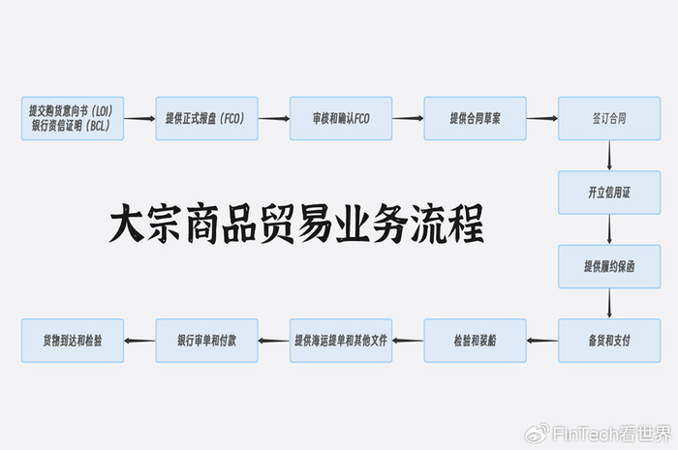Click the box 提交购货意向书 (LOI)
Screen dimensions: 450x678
point(73,118)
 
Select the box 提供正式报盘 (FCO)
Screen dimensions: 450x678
point(206,118)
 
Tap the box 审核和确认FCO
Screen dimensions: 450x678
point(340,118)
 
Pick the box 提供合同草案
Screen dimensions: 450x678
point(475,118)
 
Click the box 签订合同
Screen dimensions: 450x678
point(608,118)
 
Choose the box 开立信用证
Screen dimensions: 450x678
point(608,193)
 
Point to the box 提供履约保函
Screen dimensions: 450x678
point(608,266)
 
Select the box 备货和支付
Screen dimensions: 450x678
point(608,340)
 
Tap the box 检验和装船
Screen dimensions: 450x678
point(475,340)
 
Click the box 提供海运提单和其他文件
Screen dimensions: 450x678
point(340,340)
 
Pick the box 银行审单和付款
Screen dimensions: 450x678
point(206,340)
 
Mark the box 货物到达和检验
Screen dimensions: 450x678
point(73,340)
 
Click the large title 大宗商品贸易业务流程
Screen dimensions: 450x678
point(295,225)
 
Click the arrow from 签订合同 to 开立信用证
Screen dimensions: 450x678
point(608,155)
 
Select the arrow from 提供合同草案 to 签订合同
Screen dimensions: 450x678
point(541,118)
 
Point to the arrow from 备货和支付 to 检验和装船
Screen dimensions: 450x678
point(541,340)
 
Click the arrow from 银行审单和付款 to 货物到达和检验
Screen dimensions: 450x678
point(139,340)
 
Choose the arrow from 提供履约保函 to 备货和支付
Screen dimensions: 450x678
point(608,303)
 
